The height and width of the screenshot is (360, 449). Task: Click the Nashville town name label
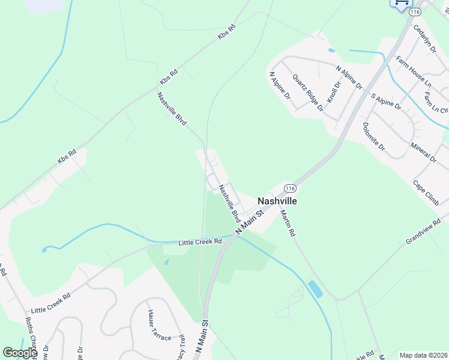point(277,201)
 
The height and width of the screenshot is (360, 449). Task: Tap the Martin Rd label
point(288,223)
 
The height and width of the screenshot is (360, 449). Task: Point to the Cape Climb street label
point(426,193)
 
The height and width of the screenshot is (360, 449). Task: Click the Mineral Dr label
point(423,153)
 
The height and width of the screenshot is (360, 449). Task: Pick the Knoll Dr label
point(333,92)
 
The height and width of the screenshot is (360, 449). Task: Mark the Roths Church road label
point(31,338)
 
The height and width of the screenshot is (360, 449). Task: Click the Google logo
point(20,353)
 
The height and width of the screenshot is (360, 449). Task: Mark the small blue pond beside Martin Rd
point(314,289)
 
